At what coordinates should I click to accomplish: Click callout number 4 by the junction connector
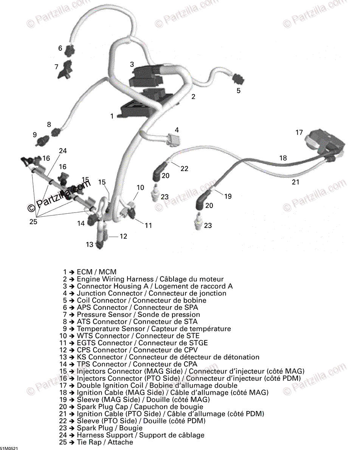(177, 130)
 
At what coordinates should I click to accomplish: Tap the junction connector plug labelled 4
(172, 140)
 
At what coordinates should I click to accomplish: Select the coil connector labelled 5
(238, 80)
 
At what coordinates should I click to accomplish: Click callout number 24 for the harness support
(63, 151)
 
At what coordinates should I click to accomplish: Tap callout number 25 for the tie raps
(33, 222)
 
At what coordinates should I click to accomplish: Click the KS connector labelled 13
(99, 245)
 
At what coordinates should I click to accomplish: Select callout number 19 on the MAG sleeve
(228, 196)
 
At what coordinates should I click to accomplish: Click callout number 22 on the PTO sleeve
(184, 169)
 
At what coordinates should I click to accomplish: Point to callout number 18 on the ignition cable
(283, 158)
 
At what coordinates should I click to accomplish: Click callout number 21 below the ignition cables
(296, 182)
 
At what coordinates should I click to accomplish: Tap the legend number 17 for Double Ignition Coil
(63, 385)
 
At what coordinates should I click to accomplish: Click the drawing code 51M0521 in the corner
(9, 448)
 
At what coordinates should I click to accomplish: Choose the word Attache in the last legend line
(121, 442)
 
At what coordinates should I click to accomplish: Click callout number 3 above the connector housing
(132, 64)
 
